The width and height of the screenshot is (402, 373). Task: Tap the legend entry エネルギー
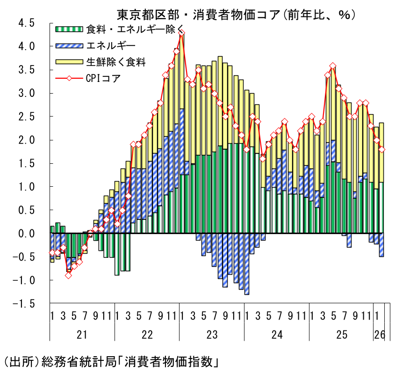[x=110, y=45]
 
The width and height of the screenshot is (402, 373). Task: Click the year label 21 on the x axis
[x=82, y=335]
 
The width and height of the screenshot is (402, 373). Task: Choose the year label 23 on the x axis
[x=212, y=335]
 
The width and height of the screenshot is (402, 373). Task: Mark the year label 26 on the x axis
[x=379, y=335]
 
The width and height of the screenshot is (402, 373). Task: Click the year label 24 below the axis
[x=277, y=335]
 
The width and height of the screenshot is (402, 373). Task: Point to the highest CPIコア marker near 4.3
[x=182, y=33]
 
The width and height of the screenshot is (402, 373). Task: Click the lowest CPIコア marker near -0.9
[x=69, y=275]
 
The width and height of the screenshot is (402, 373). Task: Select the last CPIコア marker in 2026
[x=382, y=149]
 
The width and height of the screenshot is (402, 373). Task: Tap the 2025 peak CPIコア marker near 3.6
[x=333, y=66]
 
